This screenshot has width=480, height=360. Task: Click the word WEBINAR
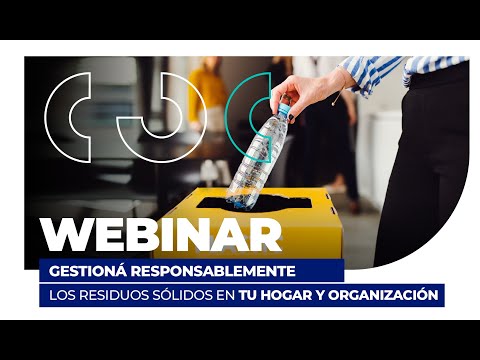pos(161,235)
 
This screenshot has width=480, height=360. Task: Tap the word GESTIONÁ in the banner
pos(88,271)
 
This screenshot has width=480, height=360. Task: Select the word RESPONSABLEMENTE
pos(213,271)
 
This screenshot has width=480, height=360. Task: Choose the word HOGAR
pos(287,295)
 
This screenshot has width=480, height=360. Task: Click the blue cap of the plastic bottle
pos(283,108)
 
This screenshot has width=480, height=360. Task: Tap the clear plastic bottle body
pos(257,157)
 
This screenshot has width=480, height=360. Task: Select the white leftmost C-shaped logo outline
pos(57,117)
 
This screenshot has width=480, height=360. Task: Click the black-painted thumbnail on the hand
pos(291,117)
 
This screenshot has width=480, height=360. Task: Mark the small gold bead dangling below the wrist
pos(333,104)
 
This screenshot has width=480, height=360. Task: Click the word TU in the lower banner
pos(247,295)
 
